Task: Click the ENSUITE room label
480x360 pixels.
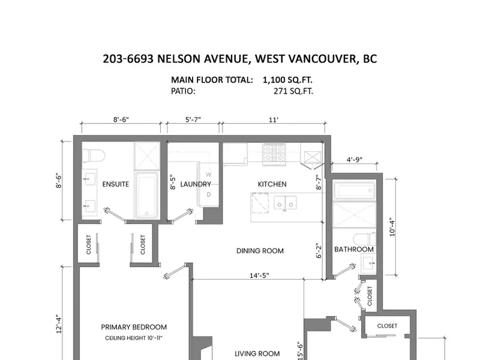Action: coord(115,184)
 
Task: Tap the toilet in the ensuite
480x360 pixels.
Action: coord(94,156)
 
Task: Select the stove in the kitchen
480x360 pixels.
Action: coord(274,154)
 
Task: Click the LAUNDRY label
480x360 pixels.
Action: coord(196,184)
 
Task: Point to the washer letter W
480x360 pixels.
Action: coord(208,175)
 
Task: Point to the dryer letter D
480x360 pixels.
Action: coord(208,194)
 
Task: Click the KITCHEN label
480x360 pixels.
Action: coord(272,184)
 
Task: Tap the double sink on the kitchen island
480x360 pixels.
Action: coord(285,203)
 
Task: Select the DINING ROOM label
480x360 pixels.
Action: coord(260,251)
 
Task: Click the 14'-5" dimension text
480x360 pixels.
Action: coord(259,275)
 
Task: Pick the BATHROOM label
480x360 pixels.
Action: coord(354,249)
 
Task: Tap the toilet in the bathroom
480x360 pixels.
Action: coord(364,239)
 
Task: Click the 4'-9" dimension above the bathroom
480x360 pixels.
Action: coord(355,160)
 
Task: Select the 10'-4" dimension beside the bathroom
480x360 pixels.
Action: coord(392,227)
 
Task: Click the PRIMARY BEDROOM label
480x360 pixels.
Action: coord(134,327)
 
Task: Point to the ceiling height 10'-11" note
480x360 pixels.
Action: coord(134,338)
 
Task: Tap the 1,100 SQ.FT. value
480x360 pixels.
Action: coord(287,80)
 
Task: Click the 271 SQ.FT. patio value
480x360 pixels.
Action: coord(293,91)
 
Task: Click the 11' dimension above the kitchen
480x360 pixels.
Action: coord(274,119)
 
